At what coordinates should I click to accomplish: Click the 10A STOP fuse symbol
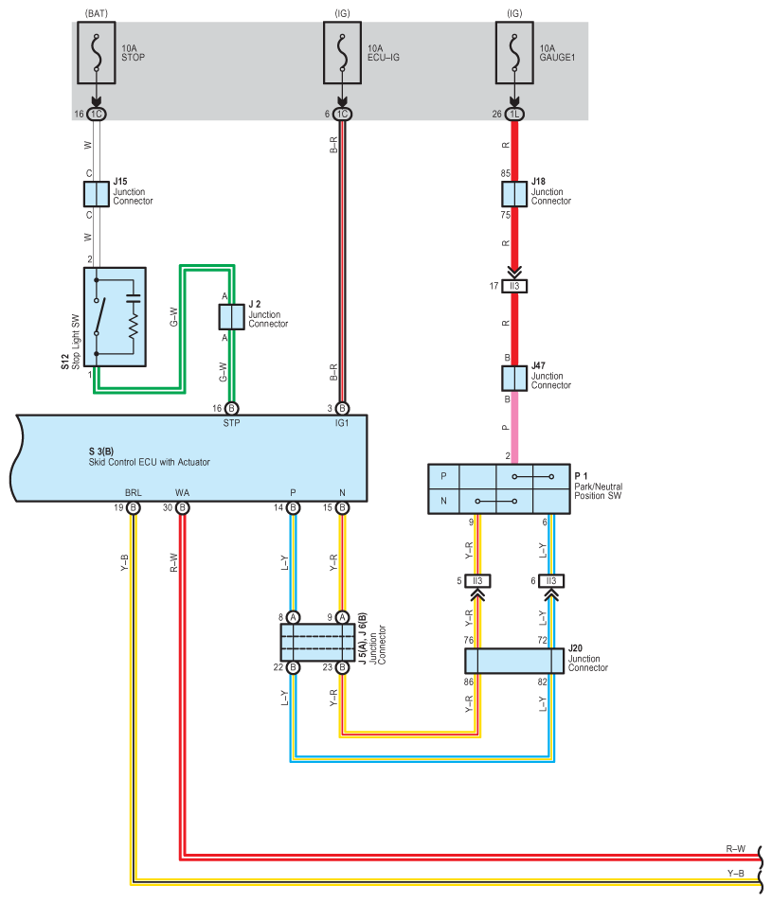pos(97,53)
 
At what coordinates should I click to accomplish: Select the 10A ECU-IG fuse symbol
pos(342,53)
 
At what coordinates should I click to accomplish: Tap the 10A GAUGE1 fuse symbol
pos(514,53)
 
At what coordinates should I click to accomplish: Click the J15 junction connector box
pos(97,194)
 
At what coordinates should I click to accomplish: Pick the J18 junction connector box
pos(514,194)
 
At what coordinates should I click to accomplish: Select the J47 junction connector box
pos(514,379)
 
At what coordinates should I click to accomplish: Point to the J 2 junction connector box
pos(231,317)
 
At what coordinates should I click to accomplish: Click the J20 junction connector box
pos(514,661)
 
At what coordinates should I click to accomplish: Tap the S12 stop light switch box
pos(115,317)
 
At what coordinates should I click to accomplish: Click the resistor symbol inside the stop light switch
pos(134,326)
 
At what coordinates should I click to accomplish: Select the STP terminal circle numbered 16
pos(231,408)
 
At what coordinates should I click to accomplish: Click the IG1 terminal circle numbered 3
pos(342,408)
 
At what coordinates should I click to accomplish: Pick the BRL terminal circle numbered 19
pos(133,508)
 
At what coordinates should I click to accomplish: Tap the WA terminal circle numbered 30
pos(182,508)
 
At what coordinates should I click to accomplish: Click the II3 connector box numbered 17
pos(514,286)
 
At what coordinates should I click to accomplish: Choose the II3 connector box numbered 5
pos(477,581)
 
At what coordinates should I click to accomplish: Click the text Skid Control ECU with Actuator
pos(150,462)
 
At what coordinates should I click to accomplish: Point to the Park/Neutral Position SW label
pos(599,491)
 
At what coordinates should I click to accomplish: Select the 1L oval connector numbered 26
pos(514,114)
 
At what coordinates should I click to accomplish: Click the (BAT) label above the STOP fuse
pos(97,13)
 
